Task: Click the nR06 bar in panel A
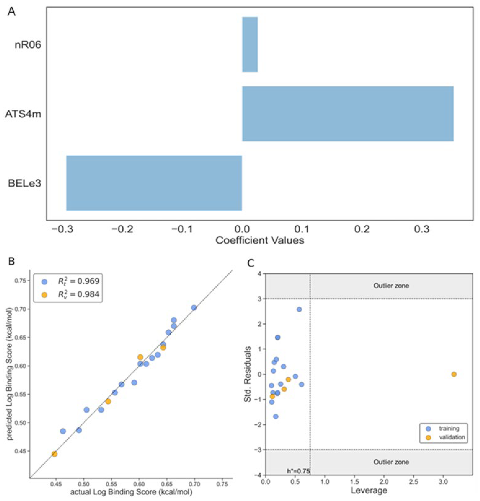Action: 250,45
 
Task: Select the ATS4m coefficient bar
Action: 348,114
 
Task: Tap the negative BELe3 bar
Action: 154,183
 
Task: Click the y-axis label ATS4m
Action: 23,114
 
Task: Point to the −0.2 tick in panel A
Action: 122,229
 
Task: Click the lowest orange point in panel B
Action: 54,454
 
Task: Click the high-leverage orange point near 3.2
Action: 454,374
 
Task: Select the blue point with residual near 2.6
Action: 299,310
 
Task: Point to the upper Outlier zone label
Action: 391,286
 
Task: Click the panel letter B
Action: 11,262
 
